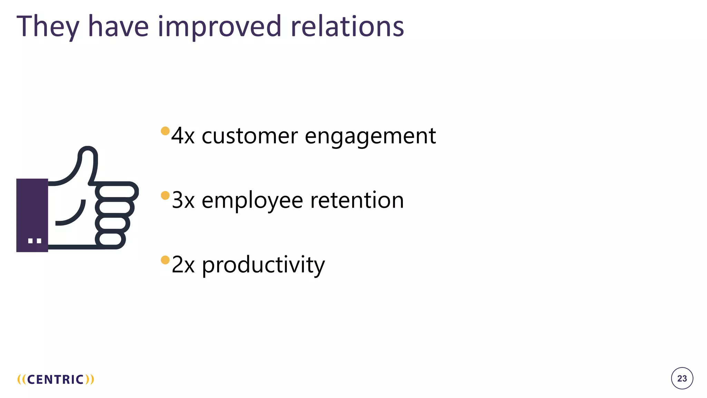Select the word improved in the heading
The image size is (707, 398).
220,27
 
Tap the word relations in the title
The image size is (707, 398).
347,27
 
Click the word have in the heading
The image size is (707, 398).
118,27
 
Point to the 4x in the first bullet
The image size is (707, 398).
183,136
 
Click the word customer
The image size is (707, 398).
249,136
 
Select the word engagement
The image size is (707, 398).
370,136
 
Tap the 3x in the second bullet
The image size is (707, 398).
183,200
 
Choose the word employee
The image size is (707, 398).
252,201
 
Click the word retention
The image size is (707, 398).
357,200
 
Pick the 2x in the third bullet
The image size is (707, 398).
183,265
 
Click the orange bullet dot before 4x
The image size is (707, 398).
165,131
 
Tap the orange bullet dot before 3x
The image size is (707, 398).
165,196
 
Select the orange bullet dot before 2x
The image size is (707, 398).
165,260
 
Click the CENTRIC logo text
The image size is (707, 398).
56,379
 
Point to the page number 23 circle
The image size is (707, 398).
682,378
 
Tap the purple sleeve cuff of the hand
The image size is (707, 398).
32,215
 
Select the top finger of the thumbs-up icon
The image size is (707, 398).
117,191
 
